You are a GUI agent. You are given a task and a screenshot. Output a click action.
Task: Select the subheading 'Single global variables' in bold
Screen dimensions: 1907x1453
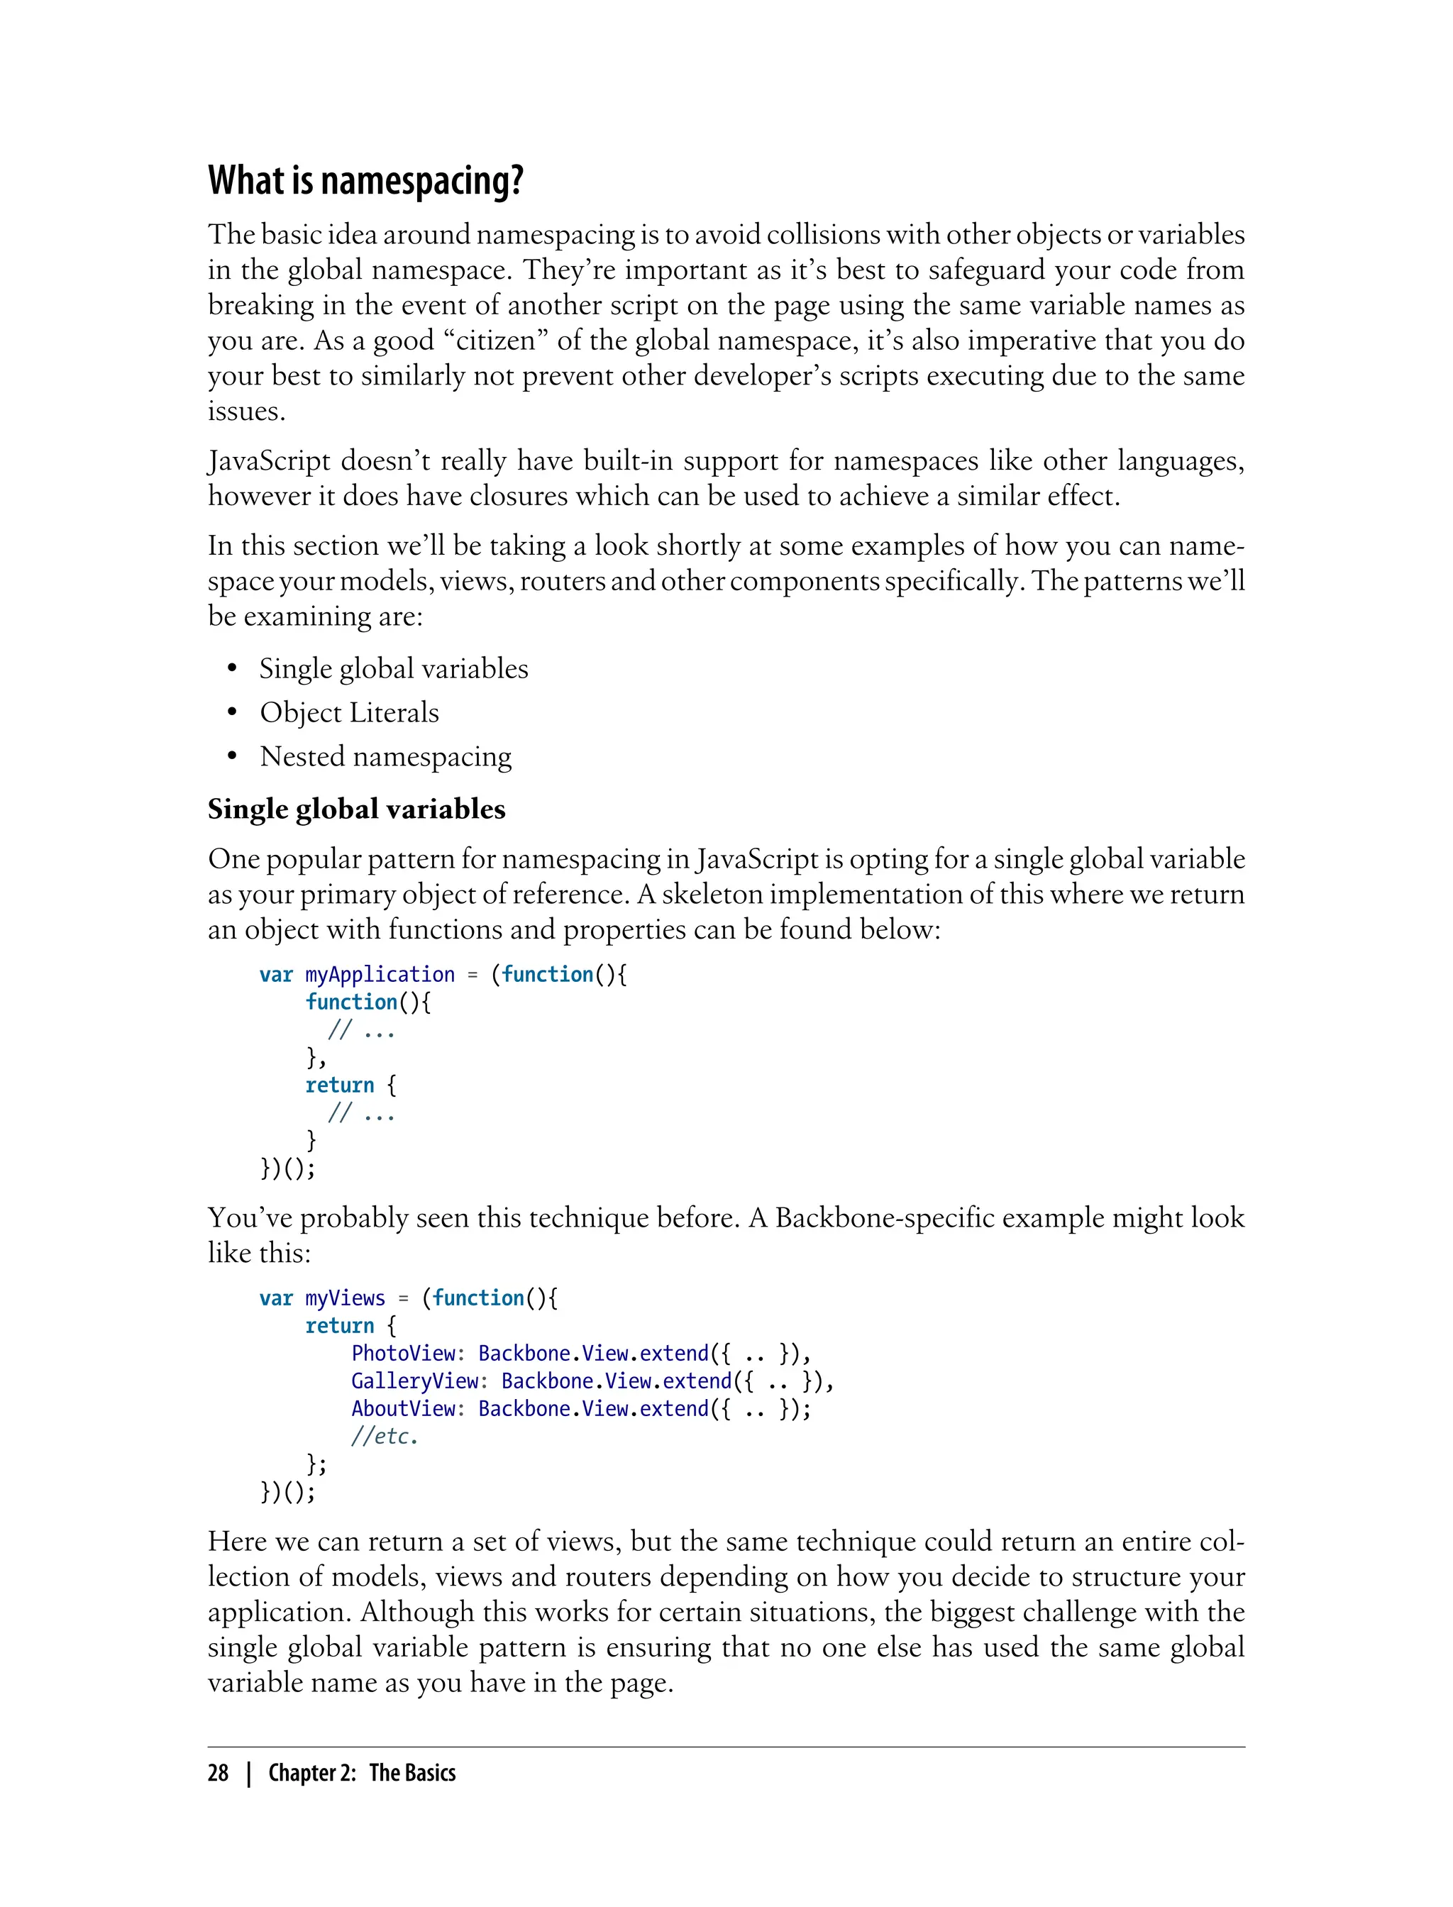[356, 809]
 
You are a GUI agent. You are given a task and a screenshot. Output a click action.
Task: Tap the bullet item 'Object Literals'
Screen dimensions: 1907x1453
[349, 712]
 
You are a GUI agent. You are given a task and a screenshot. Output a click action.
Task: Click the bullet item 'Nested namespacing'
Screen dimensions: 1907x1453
[386, 757]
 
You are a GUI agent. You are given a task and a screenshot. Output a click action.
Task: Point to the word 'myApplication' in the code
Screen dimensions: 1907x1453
[380, 975]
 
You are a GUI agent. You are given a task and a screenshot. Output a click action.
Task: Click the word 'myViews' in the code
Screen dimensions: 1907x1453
[345, 1298]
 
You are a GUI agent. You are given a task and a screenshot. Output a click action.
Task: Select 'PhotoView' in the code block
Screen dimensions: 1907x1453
[404, 1354]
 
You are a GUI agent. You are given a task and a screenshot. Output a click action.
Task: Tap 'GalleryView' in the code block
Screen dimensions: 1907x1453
[415, 1381]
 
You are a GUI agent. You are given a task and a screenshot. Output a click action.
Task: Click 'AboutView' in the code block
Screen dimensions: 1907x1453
[404, 1409]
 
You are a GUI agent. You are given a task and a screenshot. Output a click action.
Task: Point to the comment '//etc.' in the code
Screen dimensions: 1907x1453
[384, 1437]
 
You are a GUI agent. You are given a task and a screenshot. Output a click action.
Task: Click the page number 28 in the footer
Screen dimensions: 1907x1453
[218, 1773]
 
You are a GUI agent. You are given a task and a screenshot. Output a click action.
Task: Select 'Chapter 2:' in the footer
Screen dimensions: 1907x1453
[311, 1773]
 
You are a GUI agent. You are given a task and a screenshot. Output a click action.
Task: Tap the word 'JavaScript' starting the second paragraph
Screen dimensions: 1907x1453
[269, 461]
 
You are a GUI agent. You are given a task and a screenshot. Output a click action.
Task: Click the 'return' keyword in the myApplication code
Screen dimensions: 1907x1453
[340, 1085]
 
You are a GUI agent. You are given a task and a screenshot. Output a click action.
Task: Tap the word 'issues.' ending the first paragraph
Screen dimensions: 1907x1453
[246, 411]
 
